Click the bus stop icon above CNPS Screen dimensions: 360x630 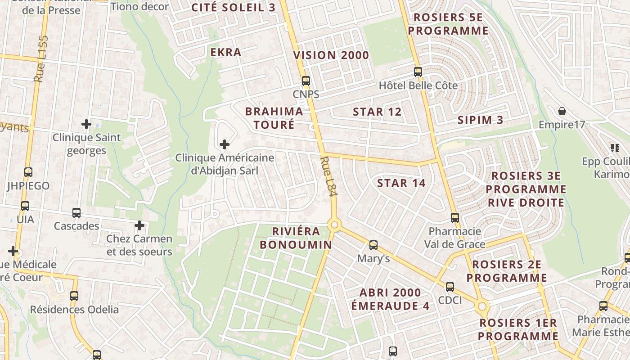click(306, 81)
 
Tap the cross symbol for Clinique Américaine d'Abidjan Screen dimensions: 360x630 click(224, 144)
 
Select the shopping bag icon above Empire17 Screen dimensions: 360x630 click(562, 111)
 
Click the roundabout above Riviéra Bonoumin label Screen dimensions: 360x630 click(333, 225)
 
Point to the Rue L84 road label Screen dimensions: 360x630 click(328, 176)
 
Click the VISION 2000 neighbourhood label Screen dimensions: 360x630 click(331, 55)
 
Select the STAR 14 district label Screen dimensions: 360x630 click(401, 183)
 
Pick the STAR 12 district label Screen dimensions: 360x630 click(377, 112)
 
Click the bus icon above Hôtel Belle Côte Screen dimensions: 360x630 click(418, 72)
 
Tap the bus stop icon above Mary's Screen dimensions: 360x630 click(373, 245)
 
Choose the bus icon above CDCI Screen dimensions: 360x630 click(450, 287)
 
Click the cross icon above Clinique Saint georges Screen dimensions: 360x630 click(86, 124)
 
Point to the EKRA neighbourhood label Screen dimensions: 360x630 click(226, 52)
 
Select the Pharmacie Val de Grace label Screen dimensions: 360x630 click(455, 238)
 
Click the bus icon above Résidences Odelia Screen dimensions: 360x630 click(74, 296)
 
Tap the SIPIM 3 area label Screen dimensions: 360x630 click(480, 120)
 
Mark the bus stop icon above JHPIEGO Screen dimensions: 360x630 click(28, 172)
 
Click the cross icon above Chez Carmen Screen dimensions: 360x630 click(139, 225)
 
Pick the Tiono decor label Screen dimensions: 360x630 click(139, 6)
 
